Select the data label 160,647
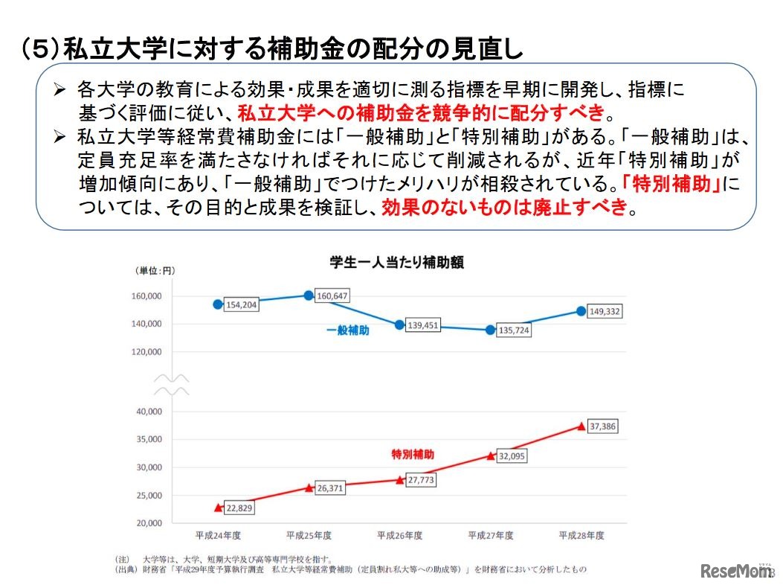click(x=332, y=296)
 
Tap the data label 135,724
click(x=513, y=330)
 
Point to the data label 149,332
click(x=604, y=312)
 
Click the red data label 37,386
click(x=602, y=426)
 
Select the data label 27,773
click(x=422, y=481)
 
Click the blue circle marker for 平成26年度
click(x=400, y=325)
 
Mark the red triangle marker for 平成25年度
click(x=309, y=488)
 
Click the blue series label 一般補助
click(x=347, y=330)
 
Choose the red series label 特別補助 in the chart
click(x=413, y=453)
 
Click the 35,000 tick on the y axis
click(x=147, y=439)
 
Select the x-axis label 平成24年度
click(x=218, y=535)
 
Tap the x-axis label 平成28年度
click(x=581, y=535)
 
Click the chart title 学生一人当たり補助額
click(x=397, y=263)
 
